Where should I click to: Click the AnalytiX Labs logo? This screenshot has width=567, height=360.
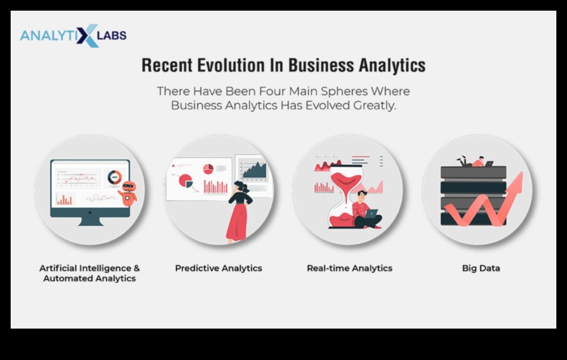click(73, 36)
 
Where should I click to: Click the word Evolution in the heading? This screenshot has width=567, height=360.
click(231, 66)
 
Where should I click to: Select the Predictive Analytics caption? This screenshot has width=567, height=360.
click(218, 268)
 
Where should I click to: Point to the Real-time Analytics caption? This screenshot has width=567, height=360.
click(350, 268)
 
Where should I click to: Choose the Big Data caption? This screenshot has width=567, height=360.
click(481, 268)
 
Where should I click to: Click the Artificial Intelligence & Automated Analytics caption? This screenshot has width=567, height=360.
click(90, 273)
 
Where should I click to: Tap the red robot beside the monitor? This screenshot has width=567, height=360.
click(128, 193)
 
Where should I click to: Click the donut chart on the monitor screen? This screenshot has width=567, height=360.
click(115, 177)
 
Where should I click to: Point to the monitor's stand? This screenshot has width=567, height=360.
click(90, 221)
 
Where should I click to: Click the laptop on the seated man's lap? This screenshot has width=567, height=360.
click(371, 214)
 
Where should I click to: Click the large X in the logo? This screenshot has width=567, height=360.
click(87, 36)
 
